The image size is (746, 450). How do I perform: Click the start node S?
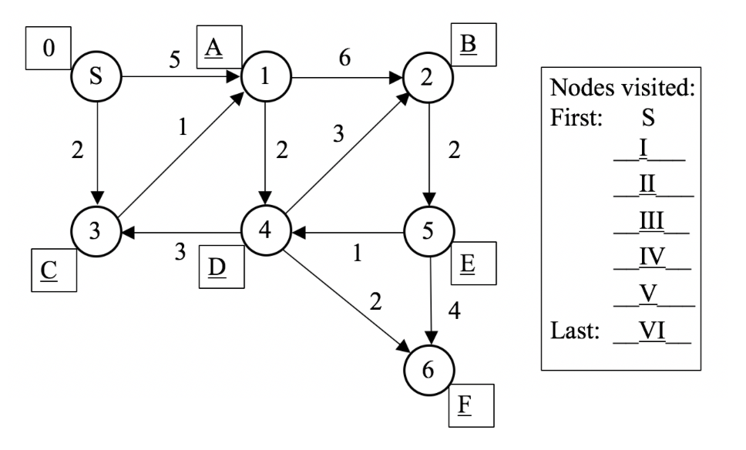(x=96, y=78)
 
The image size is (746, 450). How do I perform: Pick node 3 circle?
(x=96, y=231)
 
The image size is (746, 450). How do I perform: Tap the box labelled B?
(x=473, y=45)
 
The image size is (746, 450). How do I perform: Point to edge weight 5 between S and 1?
(x=176, y=61)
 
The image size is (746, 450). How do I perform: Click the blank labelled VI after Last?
(x=652, y=332)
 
